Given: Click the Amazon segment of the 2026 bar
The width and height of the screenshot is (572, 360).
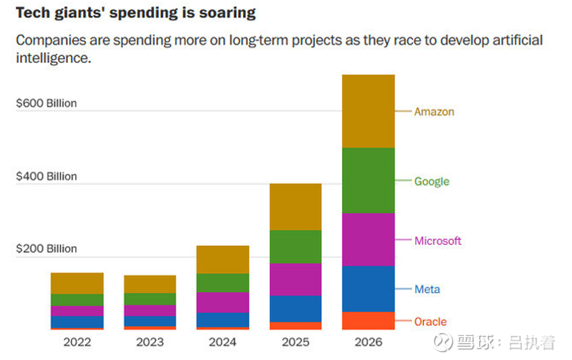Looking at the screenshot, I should click(368, 111).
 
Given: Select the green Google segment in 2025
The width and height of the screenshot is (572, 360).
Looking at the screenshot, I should click(295, 247).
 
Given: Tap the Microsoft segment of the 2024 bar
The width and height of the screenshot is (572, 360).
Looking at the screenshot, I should click(223, 303).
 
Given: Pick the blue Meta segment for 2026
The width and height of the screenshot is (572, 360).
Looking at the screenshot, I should click(368, 289).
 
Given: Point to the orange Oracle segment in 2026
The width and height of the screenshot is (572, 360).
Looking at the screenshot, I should click(368, 321).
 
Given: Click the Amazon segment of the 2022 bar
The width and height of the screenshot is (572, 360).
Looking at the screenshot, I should click(77, 283).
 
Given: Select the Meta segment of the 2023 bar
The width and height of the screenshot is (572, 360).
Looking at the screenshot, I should click(150, 321).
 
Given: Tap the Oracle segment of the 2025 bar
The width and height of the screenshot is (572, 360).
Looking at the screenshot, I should click(295, 326).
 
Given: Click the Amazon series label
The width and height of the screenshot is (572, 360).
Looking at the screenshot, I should click(434, 112).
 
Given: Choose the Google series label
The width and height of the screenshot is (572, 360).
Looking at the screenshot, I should click(431, 181).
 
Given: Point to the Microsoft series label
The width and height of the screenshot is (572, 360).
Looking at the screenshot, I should click(438, 241).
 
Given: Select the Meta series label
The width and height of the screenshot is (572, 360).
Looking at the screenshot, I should click(427, 289).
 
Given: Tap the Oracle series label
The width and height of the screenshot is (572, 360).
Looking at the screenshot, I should click(430, 322).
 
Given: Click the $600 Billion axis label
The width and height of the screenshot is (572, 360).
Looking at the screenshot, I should click(46, 103).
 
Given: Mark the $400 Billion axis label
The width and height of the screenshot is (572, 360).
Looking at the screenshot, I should click(46, 176).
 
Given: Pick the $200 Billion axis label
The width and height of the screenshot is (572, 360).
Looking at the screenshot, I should click(46, 249).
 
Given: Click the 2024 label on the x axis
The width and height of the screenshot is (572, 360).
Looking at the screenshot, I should click(223, 342).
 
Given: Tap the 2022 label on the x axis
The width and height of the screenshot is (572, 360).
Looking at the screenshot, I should click(77, 342).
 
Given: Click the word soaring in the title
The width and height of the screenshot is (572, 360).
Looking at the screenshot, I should click(228, 13).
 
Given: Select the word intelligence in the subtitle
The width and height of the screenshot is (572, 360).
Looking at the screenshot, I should click(54, 59).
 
